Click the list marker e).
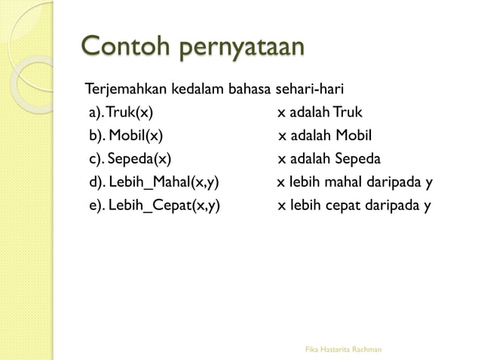pyautogui.click(x=97, y=205)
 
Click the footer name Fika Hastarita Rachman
pyautogui.click(x=342, y=349)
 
